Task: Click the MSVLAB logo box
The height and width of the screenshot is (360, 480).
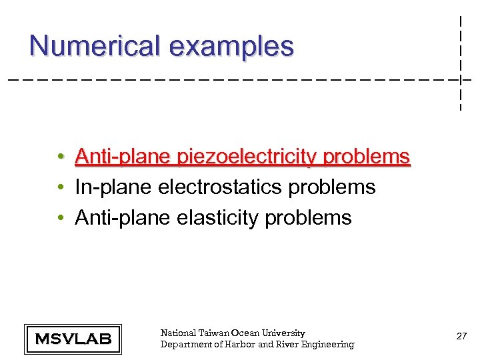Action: coord(73,339)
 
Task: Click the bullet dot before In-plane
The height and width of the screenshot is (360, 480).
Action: coord(61,188)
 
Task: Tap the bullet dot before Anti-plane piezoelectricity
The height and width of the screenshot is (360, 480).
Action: coord(61,157)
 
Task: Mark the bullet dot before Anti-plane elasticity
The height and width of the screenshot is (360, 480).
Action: coord(61,218)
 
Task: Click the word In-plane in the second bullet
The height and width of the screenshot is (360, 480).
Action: coord(114,187)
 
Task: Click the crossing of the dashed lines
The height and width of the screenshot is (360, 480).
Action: coord(461,80)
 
